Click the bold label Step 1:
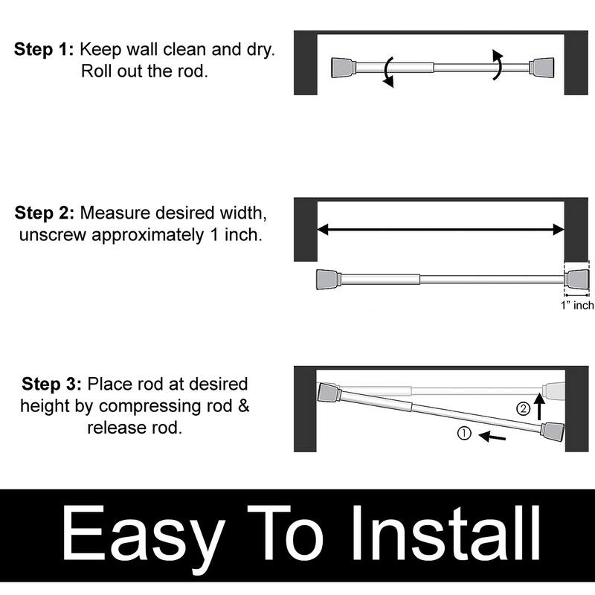[44, 50]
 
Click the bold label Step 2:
[44, 213]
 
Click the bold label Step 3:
[51, 385]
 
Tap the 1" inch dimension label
[577, 306]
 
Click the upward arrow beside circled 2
[541, 408]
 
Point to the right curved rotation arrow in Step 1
[499, 64]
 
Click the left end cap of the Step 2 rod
[328, 280]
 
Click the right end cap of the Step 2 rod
[577, 280]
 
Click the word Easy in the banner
[144, 535]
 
